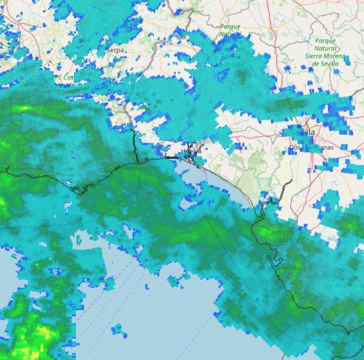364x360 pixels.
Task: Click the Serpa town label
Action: coord(115,50)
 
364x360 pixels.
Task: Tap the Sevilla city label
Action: coord(303,132)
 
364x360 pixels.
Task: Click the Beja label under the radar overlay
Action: coord(85,40)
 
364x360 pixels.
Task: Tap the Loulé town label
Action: coord(65,169)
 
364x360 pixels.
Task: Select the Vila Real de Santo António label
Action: coord(136,160)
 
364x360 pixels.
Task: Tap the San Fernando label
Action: coord(279,267)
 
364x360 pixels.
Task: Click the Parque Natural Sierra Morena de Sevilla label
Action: coord(325,52)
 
